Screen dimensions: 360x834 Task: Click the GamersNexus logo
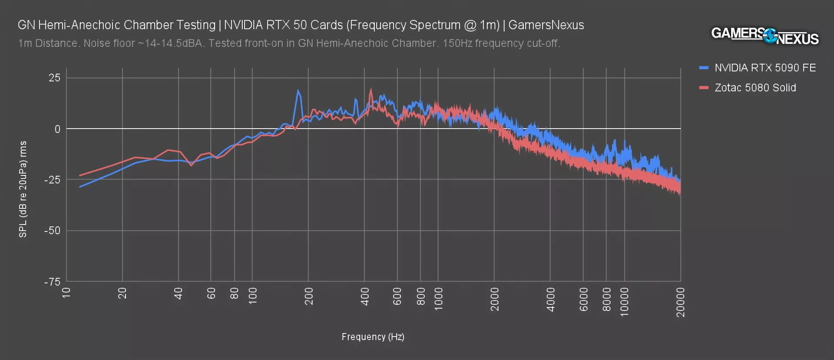click(764, 36)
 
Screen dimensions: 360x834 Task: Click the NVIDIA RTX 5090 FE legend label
click(765, 68)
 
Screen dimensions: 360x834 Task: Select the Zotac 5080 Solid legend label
click(755, 88)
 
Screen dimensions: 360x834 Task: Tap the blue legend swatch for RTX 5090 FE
click(704, 68)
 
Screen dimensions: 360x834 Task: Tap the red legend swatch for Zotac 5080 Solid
click(704, 88)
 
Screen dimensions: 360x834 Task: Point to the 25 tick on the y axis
click(55, 78)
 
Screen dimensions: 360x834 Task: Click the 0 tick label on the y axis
click(57, 129)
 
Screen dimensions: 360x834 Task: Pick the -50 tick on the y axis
click(52, 231)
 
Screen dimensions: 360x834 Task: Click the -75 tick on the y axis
click(52, 282)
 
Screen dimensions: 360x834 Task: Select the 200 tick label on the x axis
click(309, 296)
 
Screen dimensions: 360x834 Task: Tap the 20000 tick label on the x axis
click(681, 302)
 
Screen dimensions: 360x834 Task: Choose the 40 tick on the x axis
click(179, 294)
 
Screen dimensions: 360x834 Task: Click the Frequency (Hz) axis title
click(373, 337)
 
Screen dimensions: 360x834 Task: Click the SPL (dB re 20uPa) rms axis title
click(23, 189)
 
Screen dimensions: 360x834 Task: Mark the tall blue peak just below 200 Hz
click(298, 91)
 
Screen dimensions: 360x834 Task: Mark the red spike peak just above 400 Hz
click(371, 89)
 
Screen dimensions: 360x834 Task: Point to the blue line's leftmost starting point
click(80, 187)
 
